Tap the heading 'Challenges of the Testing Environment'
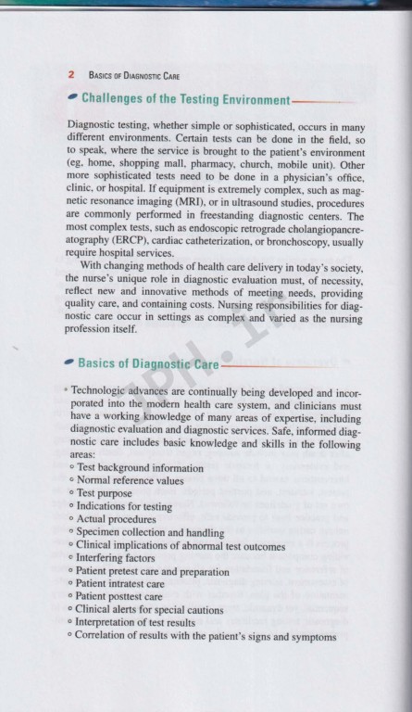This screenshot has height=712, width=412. (186, 98)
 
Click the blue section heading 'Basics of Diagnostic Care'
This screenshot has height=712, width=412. (148, 363)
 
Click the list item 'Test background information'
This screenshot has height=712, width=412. (140, 468)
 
